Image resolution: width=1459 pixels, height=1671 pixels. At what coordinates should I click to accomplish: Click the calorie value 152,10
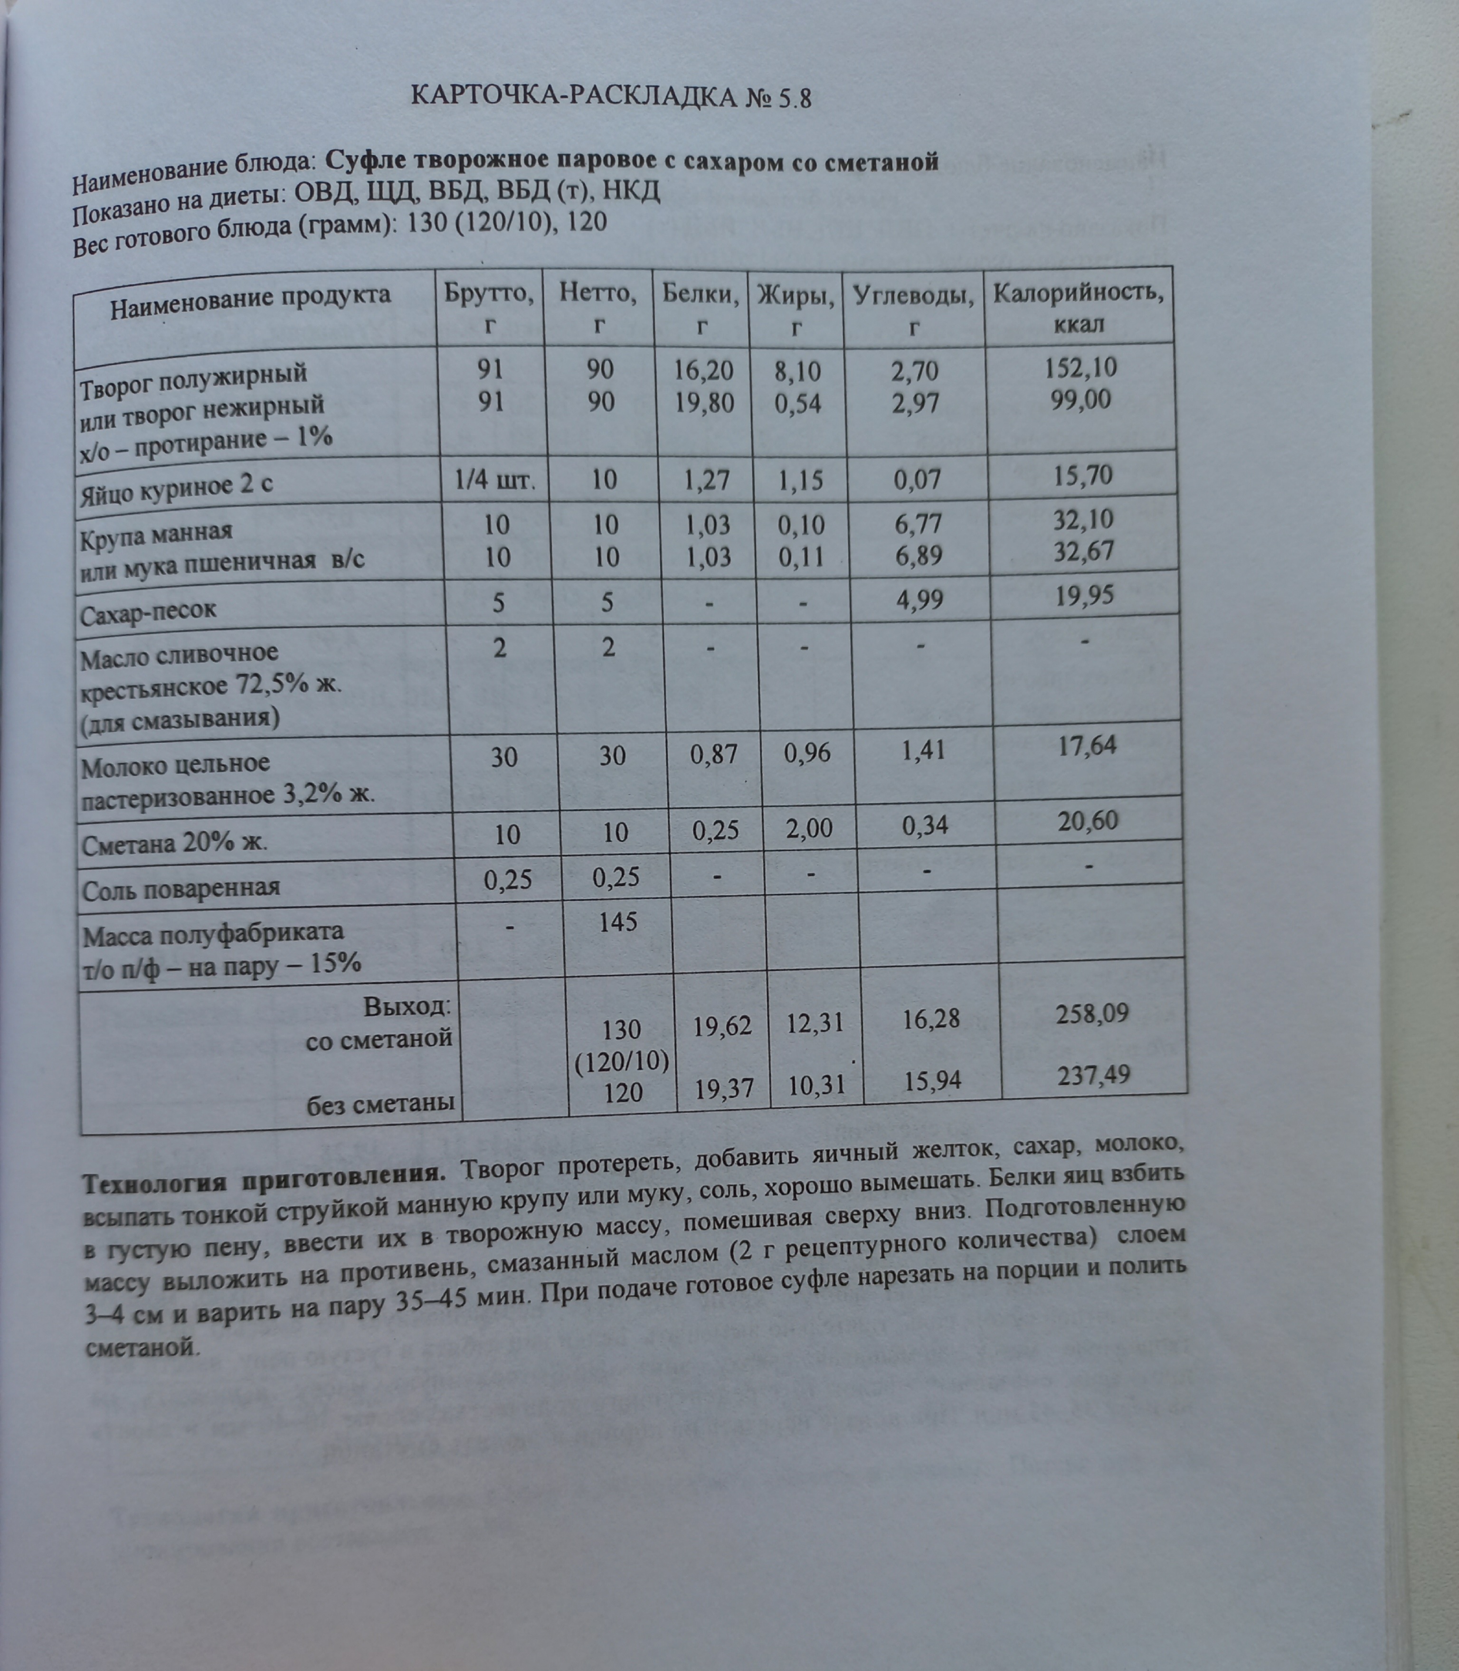coord(1080,368)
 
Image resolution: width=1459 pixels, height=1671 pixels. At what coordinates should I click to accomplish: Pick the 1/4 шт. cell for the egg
coord(495,479)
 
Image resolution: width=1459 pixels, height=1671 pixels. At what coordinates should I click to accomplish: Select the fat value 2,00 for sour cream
coord(808,828)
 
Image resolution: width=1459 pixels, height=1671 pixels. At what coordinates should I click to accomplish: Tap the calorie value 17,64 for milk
coord(1087,745)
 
